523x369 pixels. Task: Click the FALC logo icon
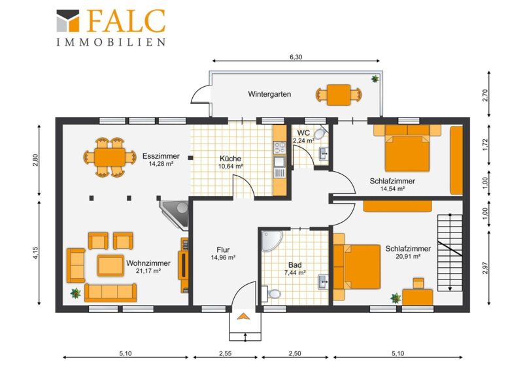tap(68, 21)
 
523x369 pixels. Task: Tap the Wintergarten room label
tap(269, 94)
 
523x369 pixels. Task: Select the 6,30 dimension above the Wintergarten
tap(295, 57)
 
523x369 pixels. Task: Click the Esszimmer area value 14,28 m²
tap(161, 164)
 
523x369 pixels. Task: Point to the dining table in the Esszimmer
tap(110, 157)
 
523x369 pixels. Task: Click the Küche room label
tap(230, 159)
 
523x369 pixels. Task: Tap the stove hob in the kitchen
tap(280, 148)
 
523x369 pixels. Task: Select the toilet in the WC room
tap(320, 134)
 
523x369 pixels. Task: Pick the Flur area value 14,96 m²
tap(223, 257)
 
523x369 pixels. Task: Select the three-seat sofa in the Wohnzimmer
tap(110, 293)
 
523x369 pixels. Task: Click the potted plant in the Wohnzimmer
tap(76, 293)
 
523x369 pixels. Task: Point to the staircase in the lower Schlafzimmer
tap(450, 253)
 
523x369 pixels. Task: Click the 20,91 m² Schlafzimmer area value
tap(407, 256)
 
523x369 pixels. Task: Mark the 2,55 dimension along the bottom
tap(225, 353)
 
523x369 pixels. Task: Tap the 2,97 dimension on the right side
tap(485, 268)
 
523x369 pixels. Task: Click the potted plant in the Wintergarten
tap(375, 78)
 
